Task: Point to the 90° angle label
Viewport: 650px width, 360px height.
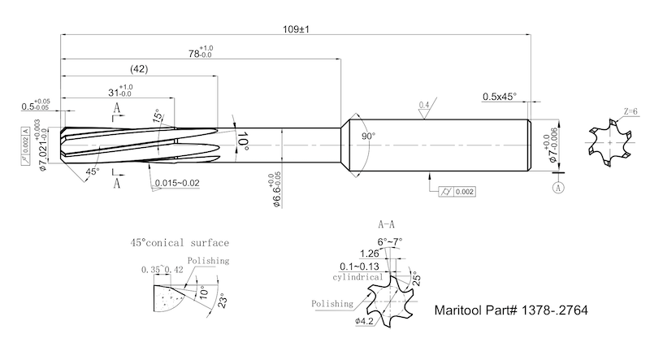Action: [x=367, y=137]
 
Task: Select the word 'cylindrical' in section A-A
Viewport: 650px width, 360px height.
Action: [x=358, y=276]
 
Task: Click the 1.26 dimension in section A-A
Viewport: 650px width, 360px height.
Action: [x=368, y=254]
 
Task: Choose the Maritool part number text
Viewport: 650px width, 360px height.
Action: [x=511, y=310]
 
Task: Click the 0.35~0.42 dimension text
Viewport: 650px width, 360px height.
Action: [x=161, y=269]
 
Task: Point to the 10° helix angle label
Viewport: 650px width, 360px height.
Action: [x=243, y=145]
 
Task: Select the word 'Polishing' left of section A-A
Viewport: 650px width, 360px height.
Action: [x=331, y=303]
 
